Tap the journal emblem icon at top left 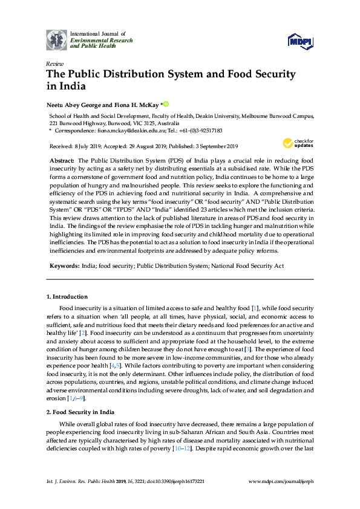(57, 40)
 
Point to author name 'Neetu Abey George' (73, 105)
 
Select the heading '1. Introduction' (67, 297)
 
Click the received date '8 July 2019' (84, 146)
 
